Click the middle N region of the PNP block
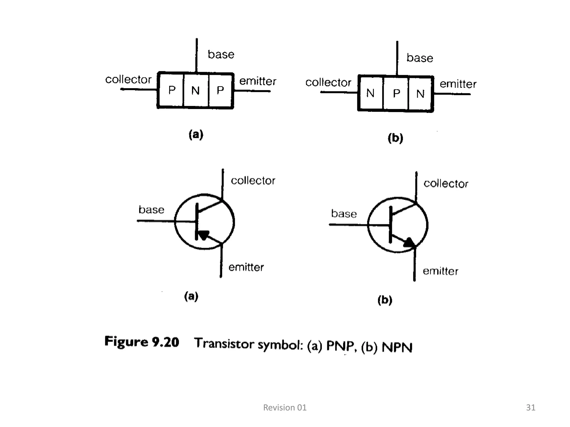click(195, 91)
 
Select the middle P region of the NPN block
click(396, 93)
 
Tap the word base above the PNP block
click(221, 54)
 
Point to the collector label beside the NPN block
click(328, 83)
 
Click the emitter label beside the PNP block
click(258, 81)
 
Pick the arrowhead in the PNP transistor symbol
click(203, 235)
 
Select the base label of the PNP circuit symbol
click(151, 210)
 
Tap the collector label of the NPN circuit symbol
click(446, 184)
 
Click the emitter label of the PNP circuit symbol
click(246, 267)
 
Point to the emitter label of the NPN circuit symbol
click(440, 271)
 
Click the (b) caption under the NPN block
click(395, 138)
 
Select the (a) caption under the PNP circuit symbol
click(191, 296)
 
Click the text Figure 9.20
click(142, 342)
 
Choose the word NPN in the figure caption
click(397, 347)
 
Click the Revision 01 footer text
click(285, 408)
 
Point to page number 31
click(530, 408)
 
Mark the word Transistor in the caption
click(224, 343)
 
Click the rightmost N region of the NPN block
click(420, 94)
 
